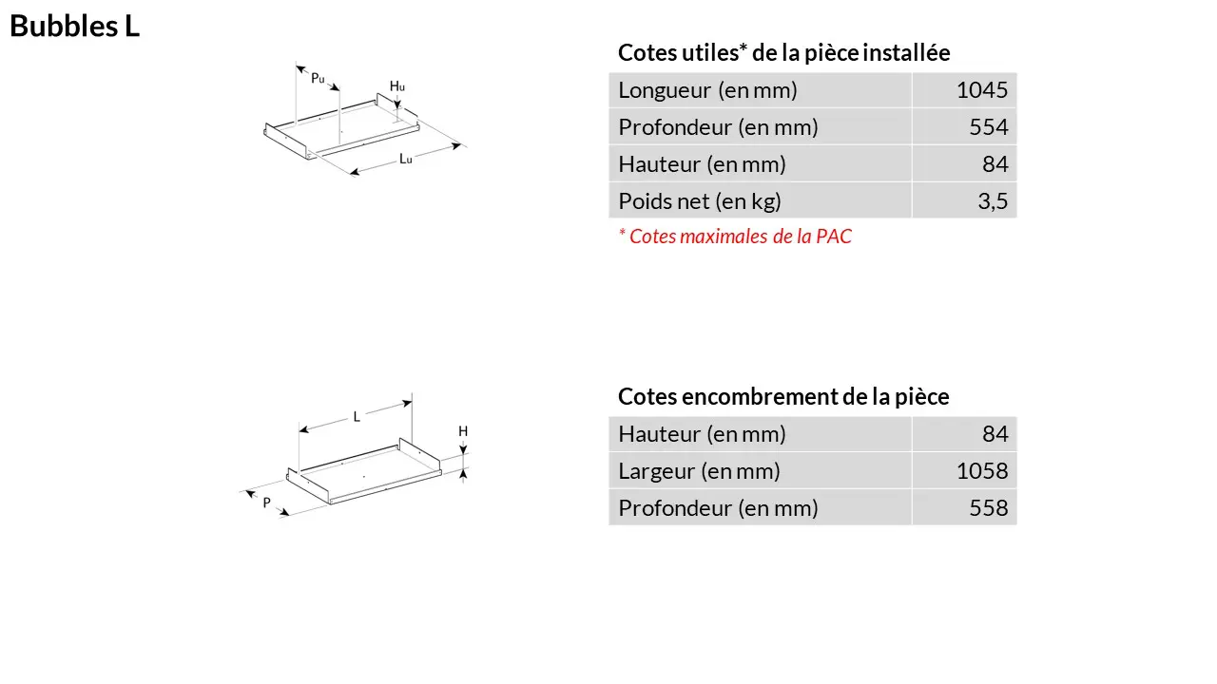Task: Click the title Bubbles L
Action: coord(74,26)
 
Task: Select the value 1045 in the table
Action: coord(982,90)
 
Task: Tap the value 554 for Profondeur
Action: coord(988,127)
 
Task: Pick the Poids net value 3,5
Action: coord(993,201)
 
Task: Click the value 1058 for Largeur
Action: coord(982,471)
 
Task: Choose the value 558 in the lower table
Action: coord(988,508)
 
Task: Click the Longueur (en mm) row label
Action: coord(707,90)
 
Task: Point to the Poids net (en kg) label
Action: coord(700,201)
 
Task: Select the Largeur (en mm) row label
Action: coord(699,471)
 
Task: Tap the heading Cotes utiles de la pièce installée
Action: coord(784,52)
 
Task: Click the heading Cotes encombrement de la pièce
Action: coord(783,397)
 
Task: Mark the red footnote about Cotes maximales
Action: coord(735,237)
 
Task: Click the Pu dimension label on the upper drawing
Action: coord(318,79)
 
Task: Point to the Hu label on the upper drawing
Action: coord(397,86)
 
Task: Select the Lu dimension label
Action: coord(406,159)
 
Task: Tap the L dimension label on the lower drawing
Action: coord(357,417)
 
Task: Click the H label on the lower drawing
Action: coord(463,431)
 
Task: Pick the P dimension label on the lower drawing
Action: coord(267,503)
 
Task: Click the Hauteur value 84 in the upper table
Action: coord(995,164)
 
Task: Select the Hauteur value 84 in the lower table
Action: coord(995,434)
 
